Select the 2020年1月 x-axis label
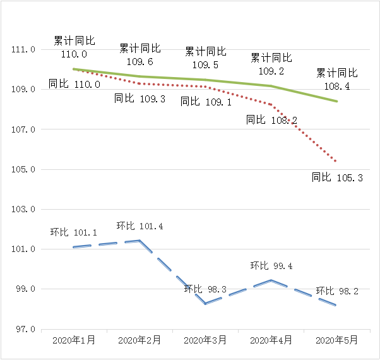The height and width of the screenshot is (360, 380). [x=74, y=340]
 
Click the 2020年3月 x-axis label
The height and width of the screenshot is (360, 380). [x=206, y=340]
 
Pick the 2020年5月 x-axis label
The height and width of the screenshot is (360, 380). [x=337, y=340]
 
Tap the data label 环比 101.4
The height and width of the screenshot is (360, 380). [x=140, y=226]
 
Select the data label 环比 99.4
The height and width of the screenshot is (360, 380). [x=271, y=266]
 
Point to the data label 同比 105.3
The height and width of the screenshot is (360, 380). [x=337, y=178]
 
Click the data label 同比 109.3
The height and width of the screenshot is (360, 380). [x=140, y=99]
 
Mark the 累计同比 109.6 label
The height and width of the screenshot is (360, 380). [x=140, y=55]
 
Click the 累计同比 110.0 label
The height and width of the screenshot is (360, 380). [x=74, y=47]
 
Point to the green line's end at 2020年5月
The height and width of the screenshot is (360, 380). [x=337, y=101]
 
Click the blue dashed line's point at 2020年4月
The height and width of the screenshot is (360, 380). [x=271, y=280]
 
